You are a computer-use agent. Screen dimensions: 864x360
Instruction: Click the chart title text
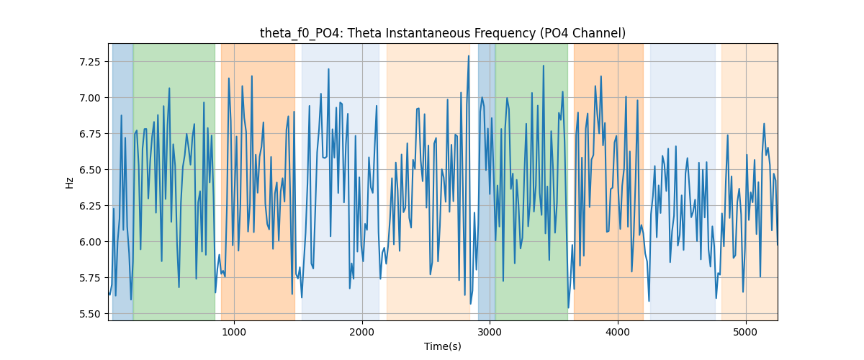pyautogui.click(x=443, y=33)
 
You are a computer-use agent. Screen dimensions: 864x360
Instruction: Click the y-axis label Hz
pyautogui.click(x=69, y=183)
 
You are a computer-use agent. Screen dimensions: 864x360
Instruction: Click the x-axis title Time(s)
pyautogui.click(x=443, y=346)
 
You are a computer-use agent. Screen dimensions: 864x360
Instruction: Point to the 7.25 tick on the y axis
pyautogui.click(x=89, y=62)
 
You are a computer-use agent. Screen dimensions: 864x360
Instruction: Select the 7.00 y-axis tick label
pyautogui.click(x=89, y=98)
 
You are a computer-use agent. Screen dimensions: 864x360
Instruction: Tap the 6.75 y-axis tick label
pyautogui.click(x=89, y=134)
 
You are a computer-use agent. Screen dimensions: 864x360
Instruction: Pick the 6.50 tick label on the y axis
pyautogui.click(x=89, y=170)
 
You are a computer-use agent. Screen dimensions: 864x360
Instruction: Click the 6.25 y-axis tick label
pyautogui.click(x=89, y=206)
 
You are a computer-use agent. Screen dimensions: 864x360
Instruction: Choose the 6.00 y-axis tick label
pyautogui.click(x=89, y=242)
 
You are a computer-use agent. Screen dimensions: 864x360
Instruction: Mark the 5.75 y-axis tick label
pyautogui.click(x=89, y=278)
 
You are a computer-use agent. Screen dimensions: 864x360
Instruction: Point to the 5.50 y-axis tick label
pyautogui.click(x=89, y=314)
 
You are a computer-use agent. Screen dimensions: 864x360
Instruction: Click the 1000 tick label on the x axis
pyautogui.click(x=234, y=332)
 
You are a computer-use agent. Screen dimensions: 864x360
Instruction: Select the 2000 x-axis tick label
pyautogui.click(x=362, y=332)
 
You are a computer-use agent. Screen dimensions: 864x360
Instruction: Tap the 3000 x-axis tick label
pyautogui.click(x=490, y=332)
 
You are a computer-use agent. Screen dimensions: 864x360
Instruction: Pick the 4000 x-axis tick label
pyautogui.click(x=618, y=332)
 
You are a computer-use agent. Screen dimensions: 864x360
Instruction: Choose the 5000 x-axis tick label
pyautogui.click(x=746, y=332)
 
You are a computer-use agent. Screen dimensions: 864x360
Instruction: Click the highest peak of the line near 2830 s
pyautogui.click(x=469, y=56)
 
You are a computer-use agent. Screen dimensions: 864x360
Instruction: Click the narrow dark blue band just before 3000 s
pyautogui.click(x=487, y=181)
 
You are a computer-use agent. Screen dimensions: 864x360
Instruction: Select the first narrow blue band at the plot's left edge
pyautogui.click(x=122, y=181)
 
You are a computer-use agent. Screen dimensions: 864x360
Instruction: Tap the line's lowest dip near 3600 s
pyautogui.click(x=569, y=307)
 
